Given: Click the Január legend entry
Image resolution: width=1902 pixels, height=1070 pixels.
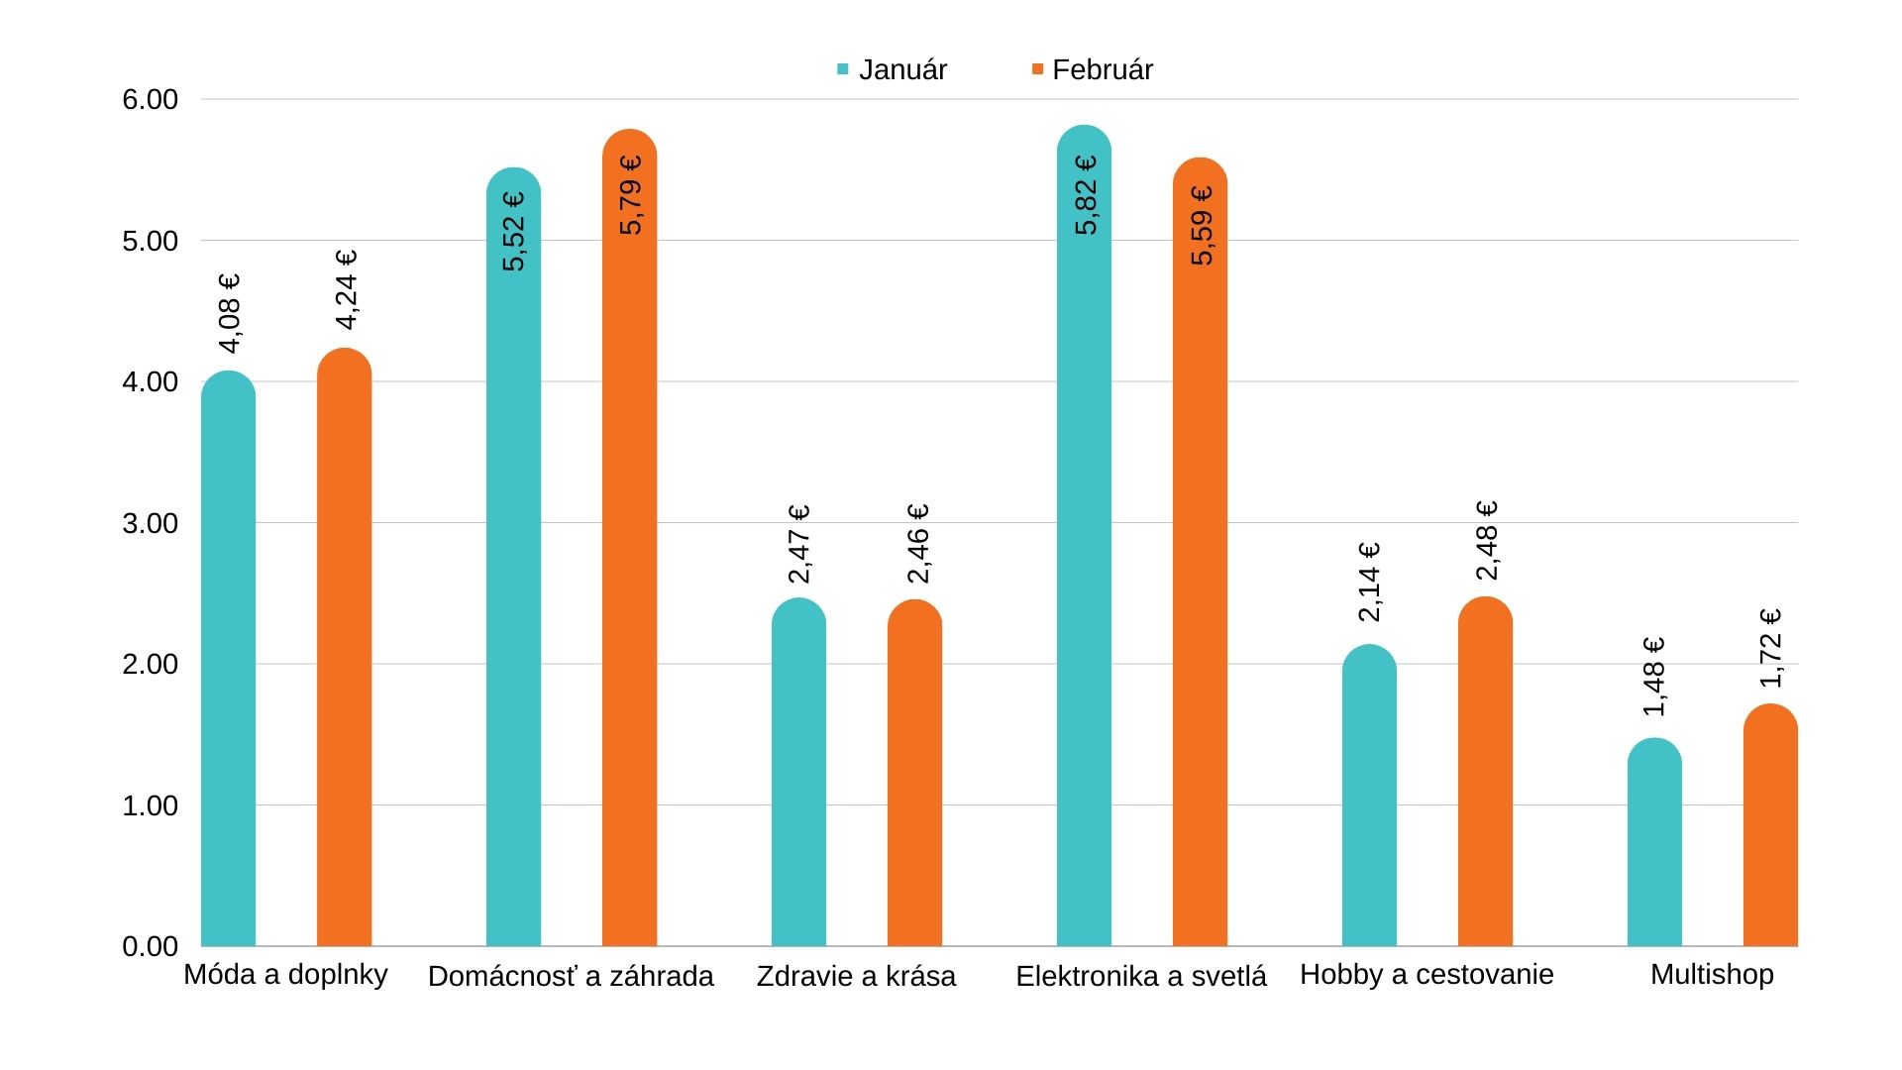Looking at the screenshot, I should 892,69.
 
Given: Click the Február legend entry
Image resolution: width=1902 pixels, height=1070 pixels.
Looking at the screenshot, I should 1092,69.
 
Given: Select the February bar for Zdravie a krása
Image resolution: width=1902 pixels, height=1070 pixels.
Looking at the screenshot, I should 914,773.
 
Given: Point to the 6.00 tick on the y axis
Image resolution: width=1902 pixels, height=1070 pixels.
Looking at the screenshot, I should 151,99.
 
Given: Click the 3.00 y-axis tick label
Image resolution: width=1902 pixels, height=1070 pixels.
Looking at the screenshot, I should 151,523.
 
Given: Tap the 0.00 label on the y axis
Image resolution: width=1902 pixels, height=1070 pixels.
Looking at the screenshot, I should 151,946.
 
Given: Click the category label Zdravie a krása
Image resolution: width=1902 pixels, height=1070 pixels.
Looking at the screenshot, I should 856,976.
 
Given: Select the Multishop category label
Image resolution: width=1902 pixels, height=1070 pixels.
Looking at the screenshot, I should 1712,974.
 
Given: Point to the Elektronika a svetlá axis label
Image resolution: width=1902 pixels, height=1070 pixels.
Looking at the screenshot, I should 1141,976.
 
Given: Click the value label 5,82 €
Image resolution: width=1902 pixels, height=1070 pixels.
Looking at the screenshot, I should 1086,195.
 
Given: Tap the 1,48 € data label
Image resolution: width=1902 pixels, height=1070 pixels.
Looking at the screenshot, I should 1654,677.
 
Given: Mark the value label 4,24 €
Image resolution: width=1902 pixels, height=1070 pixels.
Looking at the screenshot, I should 347,289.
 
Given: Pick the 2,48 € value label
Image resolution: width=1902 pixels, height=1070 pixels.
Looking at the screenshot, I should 1487,540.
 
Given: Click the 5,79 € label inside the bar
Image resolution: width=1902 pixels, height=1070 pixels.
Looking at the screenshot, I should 631,195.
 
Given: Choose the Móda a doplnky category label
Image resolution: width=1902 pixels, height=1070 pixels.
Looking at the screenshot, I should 285,974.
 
